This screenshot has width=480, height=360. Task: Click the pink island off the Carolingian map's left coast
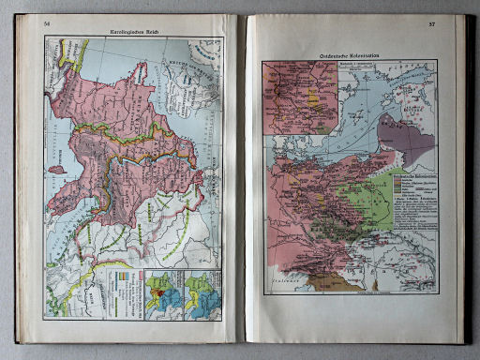[x=55, y=170]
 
